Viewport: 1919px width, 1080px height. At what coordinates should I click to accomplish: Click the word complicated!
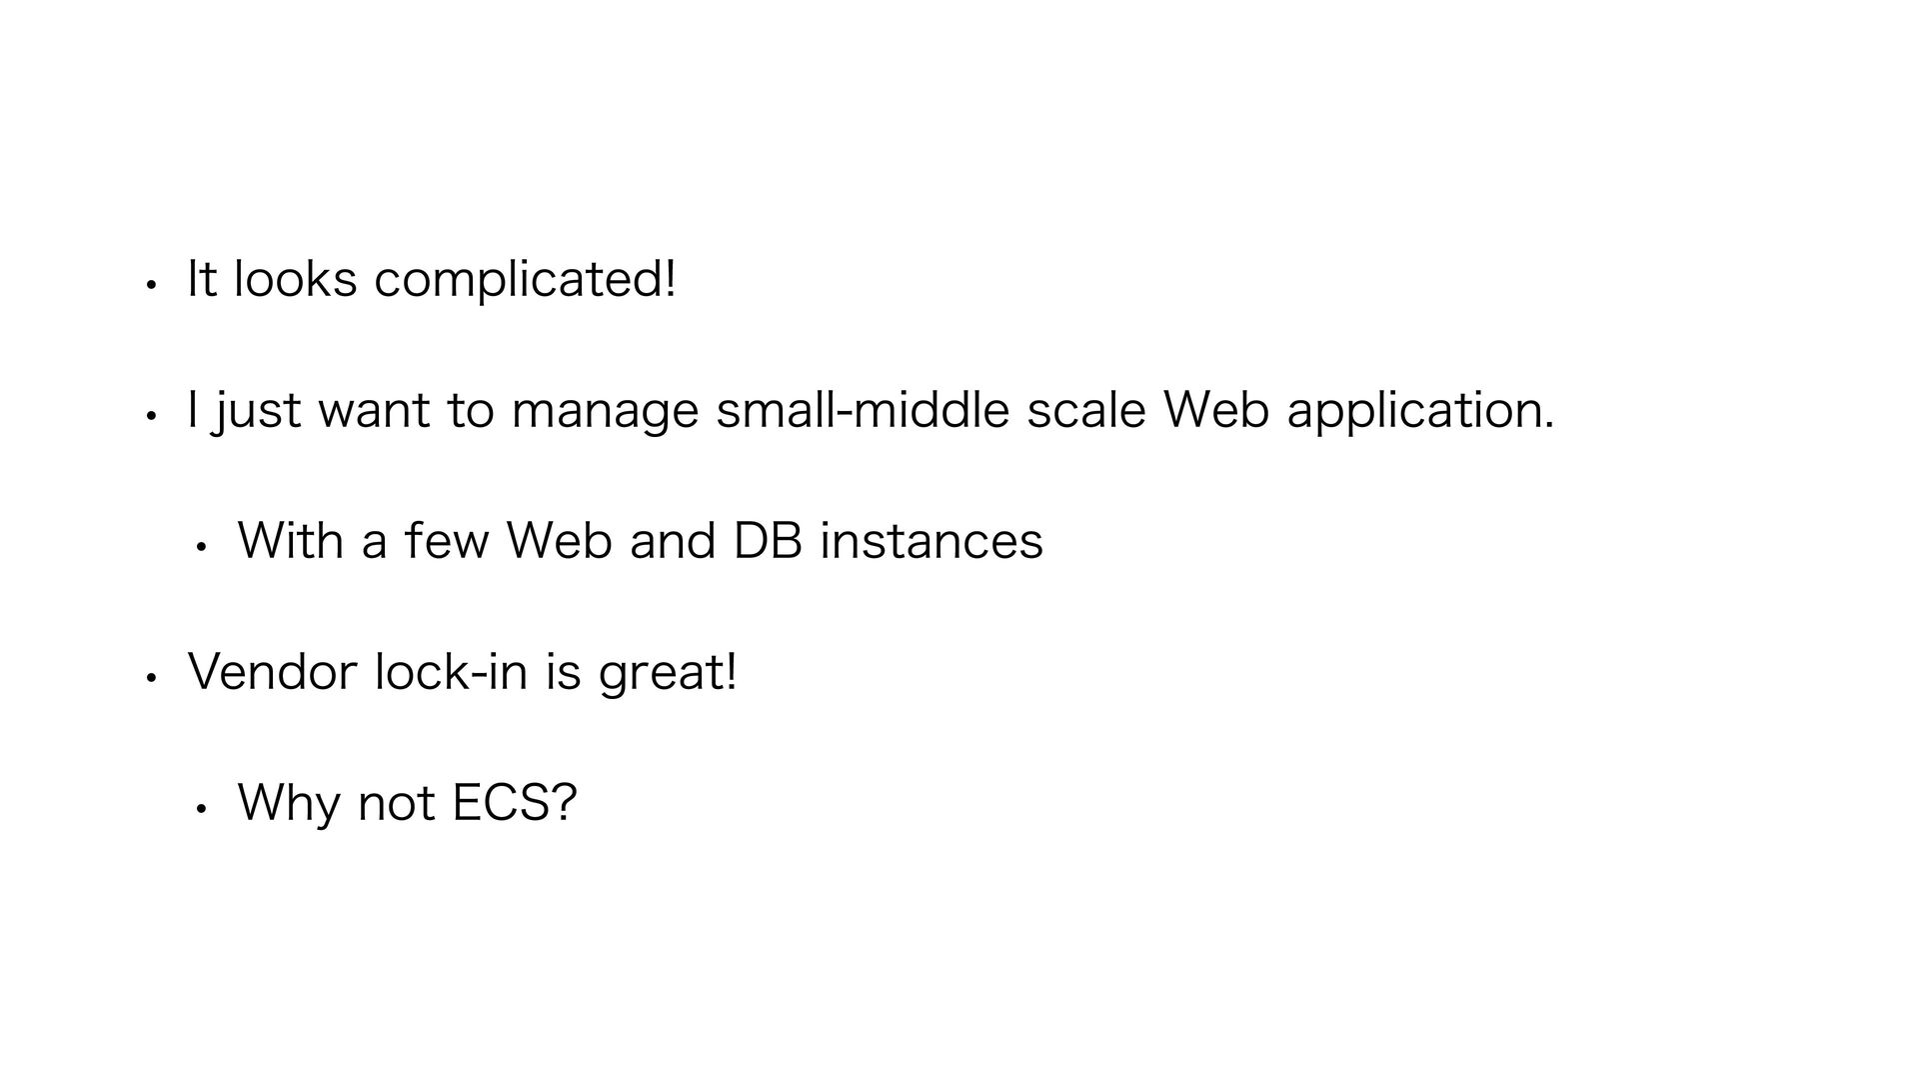525,280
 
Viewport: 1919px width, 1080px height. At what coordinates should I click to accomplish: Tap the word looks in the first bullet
295,279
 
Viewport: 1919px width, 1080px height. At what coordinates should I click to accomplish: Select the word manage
605,412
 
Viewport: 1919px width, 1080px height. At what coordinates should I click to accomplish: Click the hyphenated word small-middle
863,410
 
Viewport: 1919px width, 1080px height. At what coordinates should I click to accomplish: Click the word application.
1420,412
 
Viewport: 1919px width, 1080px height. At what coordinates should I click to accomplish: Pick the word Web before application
1216,410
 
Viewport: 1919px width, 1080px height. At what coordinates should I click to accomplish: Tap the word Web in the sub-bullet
560,541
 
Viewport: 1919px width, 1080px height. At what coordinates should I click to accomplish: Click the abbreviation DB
768,541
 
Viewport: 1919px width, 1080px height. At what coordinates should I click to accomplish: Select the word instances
931,541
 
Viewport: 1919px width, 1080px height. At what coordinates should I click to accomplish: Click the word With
290,541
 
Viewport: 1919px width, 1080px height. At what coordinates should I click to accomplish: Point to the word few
447,541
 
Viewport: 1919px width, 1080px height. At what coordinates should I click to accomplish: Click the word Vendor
272,671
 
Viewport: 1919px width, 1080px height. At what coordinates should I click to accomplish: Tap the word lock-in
451,671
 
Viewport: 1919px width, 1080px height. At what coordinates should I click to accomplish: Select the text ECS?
515,802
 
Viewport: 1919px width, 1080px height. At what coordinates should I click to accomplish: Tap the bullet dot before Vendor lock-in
149,677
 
